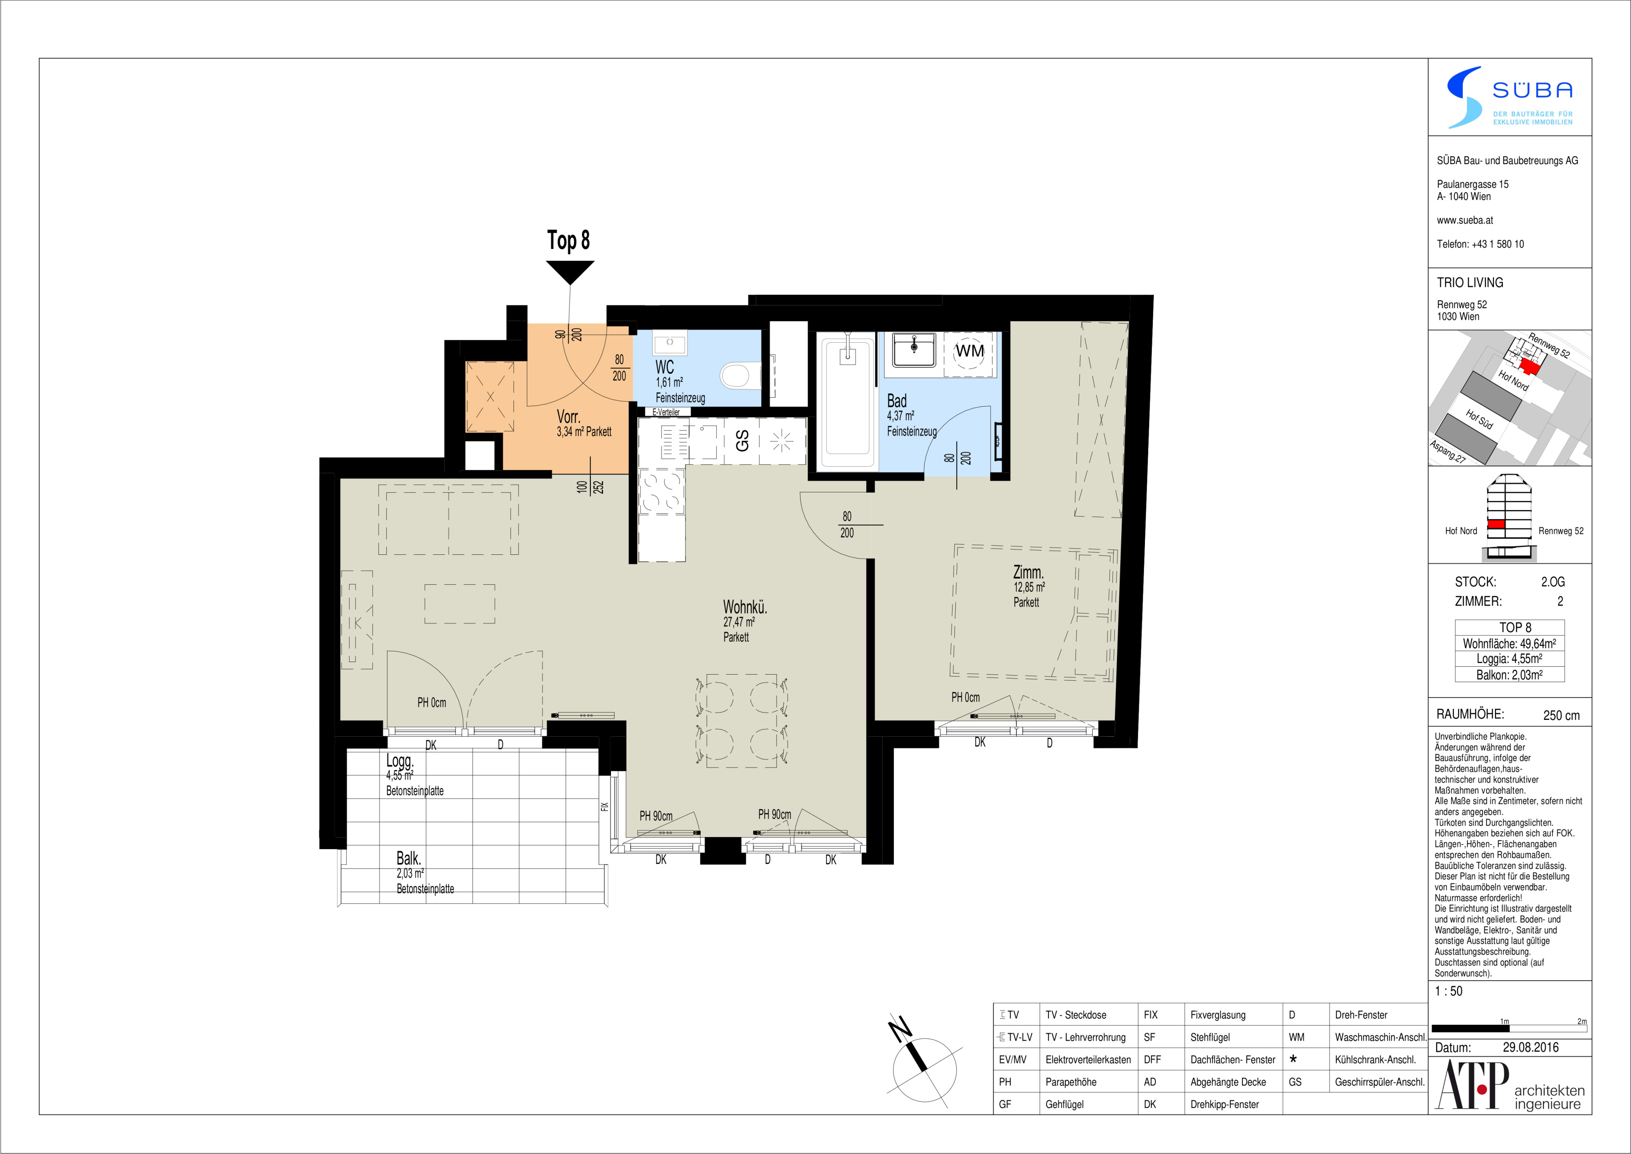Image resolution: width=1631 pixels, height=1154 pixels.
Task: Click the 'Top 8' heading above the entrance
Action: [569, 240]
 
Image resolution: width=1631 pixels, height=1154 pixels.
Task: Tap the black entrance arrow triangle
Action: [570, 271]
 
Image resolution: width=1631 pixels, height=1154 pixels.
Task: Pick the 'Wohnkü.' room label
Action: [745, 607]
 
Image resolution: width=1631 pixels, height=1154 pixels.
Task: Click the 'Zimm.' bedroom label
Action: [1028, 572]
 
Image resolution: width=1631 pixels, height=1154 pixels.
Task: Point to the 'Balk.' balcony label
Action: [409, 858]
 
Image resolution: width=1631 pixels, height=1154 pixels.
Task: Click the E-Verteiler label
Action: [665, 412]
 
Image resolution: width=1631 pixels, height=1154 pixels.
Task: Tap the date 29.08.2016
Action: [1531, 1047]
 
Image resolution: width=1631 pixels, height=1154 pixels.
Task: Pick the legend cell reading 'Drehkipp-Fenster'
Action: [1224, 1104]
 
